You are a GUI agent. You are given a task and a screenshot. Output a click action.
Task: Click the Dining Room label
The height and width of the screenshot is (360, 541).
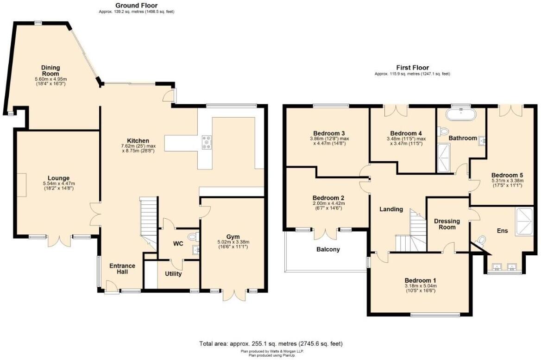50,71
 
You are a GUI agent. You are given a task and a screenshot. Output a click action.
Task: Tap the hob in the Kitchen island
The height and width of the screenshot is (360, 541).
206,142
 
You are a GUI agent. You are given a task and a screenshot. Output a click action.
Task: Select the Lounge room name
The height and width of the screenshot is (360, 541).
58,178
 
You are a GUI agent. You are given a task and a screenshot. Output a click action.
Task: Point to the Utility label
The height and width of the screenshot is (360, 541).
173,274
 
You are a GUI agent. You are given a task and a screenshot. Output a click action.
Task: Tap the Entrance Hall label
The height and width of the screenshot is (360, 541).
122,269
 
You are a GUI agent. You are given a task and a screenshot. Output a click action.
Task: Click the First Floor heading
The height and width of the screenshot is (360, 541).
412,68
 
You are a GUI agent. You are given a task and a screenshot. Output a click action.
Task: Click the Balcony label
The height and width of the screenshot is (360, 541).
328,249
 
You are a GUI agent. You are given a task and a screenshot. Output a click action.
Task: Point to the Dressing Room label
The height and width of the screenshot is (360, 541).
447,224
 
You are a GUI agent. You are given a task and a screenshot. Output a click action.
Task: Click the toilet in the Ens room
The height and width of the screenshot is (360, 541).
481,241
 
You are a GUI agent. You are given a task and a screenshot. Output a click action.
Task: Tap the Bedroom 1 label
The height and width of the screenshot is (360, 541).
420,280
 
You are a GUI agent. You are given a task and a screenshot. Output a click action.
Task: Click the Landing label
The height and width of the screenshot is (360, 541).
391,209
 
